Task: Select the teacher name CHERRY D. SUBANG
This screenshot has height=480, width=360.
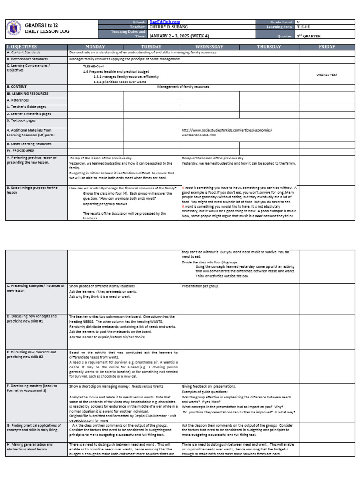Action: coord(168,27)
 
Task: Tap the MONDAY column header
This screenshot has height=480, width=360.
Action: coord(95,47)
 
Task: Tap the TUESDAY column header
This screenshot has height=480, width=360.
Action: coord(151,47)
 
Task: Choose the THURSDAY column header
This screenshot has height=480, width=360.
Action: coord(269,47)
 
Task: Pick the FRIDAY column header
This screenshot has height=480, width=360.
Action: coord(327,47)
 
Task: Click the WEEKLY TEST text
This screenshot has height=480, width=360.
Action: coord(327,75)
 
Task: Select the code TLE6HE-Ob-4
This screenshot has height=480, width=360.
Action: coord(94,67)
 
